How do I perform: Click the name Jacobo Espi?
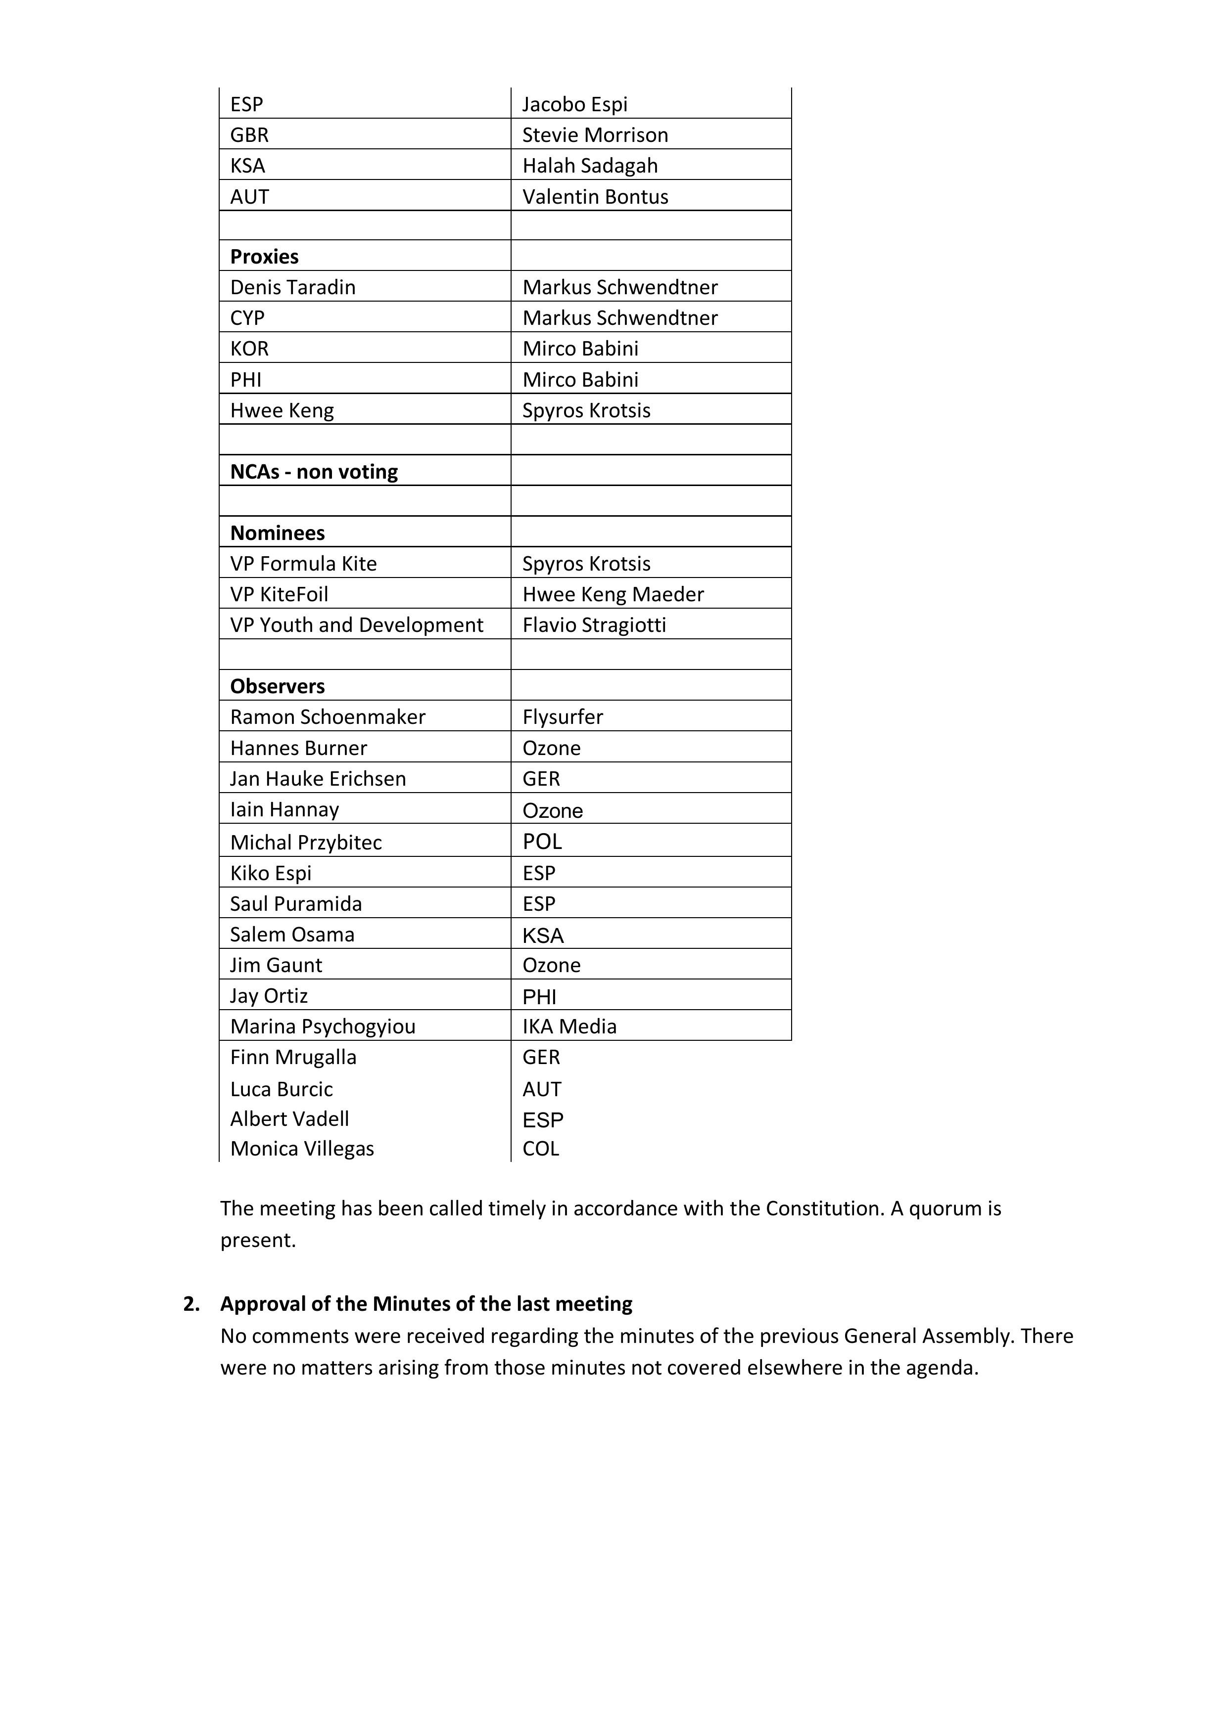[574, 104]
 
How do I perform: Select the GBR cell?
[249, 135]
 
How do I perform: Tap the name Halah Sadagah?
[590, 166]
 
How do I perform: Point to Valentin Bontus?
[595, 196]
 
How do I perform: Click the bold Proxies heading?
[264, 257]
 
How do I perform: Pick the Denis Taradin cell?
[292, 287]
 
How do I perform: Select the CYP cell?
[247, 318]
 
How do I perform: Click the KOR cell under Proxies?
[249, 349]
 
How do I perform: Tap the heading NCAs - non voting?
[314, 472]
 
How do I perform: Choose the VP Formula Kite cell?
[303, 564]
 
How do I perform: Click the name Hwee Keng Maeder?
[613, 595]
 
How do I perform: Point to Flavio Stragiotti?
[594, 625]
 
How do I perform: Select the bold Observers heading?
[278, 686]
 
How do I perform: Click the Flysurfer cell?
[563, 716]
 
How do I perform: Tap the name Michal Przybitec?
[305, 843]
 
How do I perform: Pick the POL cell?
[542, 842]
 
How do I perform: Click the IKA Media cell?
[569, 1026]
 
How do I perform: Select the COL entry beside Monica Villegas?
[541, 1149]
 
